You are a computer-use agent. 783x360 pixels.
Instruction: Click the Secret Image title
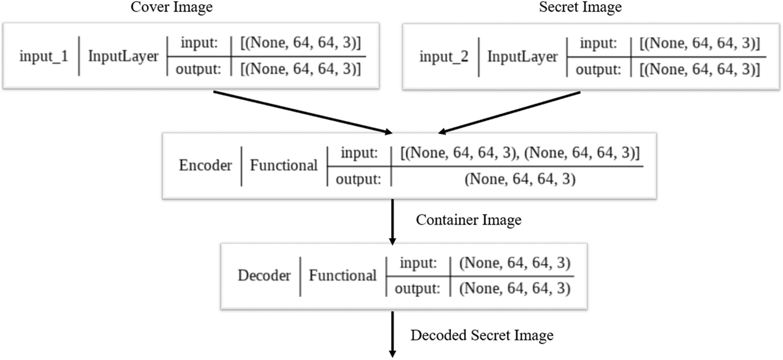coord(580,8)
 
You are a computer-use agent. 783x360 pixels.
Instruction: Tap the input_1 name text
coord(44,56)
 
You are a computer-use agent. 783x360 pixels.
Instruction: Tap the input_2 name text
coord(444,56)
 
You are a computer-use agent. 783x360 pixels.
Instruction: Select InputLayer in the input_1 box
coord(123,56)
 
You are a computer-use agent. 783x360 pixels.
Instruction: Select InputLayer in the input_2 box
coord(523,56)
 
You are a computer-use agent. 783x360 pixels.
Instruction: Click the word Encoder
coord(206,166)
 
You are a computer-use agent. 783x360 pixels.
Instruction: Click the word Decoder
coord(264,275)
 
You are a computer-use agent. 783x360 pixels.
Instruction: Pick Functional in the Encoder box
coord(284,166)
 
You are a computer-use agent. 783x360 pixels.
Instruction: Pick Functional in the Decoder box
coord(342,275)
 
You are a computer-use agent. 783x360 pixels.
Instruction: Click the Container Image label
coord(468,220)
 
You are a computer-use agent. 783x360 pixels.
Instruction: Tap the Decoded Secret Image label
coord(482,335)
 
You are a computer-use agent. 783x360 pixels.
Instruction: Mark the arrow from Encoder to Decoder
coord(392,221)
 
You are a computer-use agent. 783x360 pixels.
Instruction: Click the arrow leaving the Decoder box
coord(392,335)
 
